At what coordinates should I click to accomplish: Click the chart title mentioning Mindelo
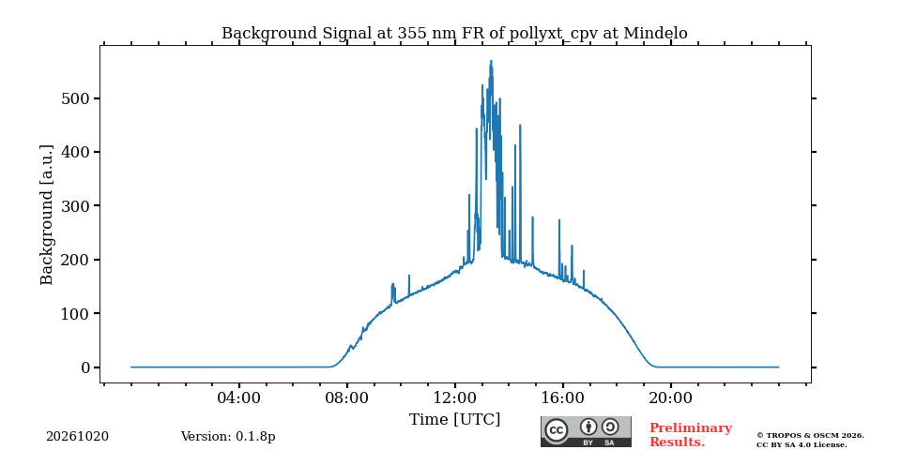[454, 34]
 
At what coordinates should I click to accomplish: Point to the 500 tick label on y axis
[76, 98]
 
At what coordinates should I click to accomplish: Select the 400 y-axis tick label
[76, 152]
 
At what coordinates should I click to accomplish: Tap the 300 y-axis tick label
[76, 206]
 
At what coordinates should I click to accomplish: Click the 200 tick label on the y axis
[76, 260]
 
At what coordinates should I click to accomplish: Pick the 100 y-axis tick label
[76, 313]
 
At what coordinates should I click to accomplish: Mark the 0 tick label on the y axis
[85, 367]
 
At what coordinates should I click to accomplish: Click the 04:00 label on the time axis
[239, 397]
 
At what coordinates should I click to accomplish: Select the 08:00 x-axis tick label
[347, 397]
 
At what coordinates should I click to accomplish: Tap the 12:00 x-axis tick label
[455, 397]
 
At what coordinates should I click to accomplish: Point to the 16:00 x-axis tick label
[562, 397]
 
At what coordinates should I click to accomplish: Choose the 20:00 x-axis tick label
[670, 397]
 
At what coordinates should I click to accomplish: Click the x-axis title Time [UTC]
[454, 420]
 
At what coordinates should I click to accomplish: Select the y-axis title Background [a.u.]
[47, 215]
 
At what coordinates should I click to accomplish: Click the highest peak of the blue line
[491, 60]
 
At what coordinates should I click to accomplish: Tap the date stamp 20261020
[78, 437]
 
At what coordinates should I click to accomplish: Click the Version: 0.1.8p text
[228, 437]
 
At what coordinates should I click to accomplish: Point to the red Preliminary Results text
[691, 435]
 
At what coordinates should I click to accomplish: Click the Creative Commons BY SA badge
[586, 431]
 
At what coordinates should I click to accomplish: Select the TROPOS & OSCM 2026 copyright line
[810, 436]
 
